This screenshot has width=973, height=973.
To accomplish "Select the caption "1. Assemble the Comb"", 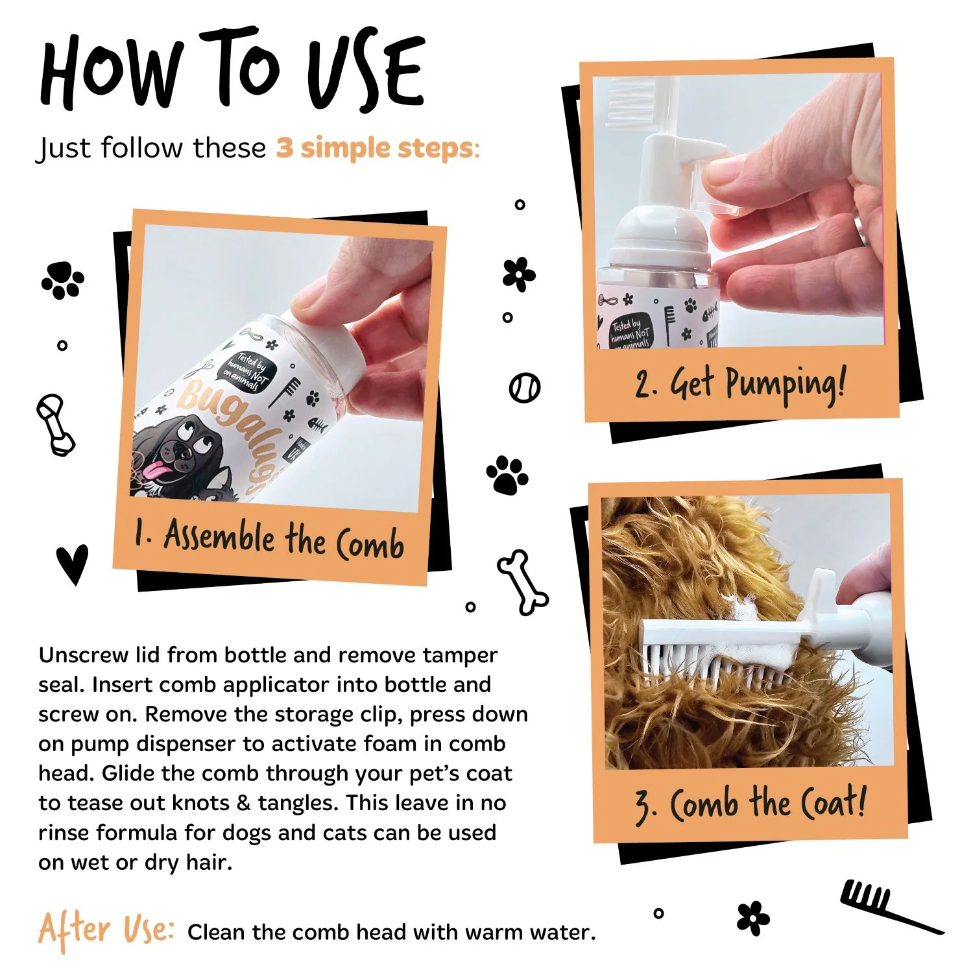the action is pyautogui.click(x=269, y=538).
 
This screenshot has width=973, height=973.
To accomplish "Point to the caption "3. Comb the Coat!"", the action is pyautogui.click(x=751, y=804).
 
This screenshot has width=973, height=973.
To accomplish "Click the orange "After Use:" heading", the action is pyautogui.click(x=106, y=929).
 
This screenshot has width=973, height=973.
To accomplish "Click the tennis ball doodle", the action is pyautogui.click(x=524, y=388).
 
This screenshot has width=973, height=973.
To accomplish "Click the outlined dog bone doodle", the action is pyautogui.click(x=523, y=582).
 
